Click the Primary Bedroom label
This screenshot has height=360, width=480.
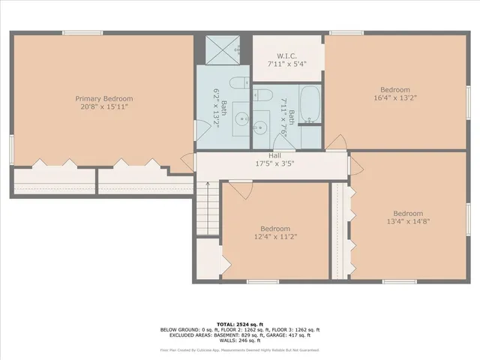coord(103,98)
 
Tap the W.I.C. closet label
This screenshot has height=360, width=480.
coord(288,55)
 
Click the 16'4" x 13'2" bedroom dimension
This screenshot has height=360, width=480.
coord(394,97)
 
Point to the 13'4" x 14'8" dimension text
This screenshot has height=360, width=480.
coord(408,221)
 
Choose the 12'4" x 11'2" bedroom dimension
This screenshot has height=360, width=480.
coord(275,237)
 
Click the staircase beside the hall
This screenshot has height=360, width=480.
coord(208,209)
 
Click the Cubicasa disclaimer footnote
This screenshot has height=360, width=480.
coord(239,349)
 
